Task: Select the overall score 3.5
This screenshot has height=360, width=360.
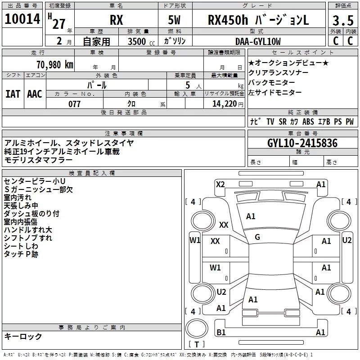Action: pos(343,21)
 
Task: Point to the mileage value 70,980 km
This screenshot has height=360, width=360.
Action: pos(53,64)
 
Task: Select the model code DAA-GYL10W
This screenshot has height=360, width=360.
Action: pos(258,41)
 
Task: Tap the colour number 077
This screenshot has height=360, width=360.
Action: pos(74,104)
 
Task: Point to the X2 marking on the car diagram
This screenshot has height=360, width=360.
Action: pos(220,184)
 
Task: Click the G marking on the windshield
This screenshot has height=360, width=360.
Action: pos(257,237)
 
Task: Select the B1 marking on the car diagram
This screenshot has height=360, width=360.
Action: pos(221,333)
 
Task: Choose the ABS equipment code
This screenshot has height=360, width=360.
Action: pos(308,122)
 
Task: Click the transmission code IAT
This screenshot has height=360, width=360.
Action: pos(13,94)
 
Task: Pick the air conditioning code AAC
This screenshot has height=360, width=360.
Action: pos(35,94)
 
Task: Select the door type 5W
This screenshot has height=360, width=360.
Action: pos(175,21)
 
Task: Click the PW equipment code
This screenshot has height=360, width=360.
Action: pos(350,122)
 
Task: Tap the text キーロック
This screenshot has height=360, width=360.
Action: pos(23,336)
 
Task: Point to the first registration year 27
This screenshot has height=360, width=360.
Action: pos(59,23)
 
